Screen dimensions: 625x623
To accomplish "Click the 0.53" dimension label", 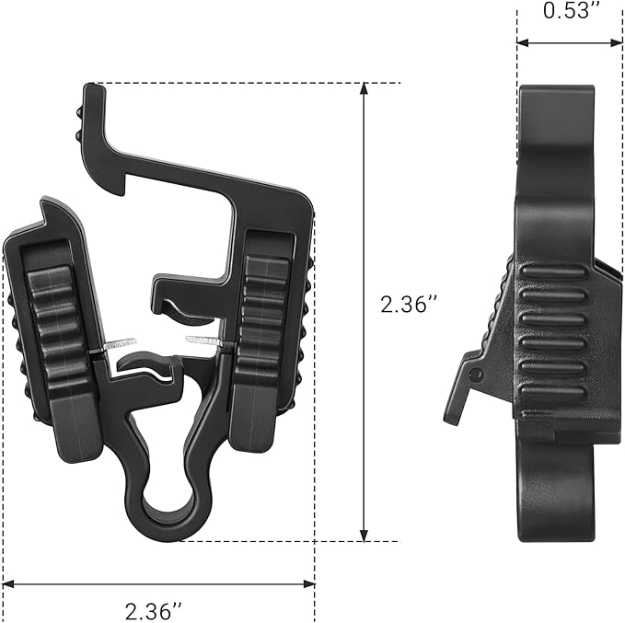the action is coord(572,10).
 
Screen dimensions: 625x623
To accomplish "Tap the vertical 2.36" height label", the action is coord(409,305).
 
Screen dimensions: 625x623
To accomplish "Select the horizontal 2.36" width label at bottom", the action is coord(154,611).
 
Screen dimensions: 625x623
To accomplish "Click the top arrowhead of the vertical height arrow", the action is coord(364,88).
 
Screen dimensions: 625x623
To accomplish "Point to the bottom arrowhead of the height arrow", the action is coord(364,536).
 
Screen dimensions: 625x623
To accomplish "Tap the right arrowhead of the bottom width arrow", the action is coord(309,584).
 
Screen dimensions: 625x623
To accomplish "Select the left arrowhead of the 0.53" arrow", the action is coord(523,42).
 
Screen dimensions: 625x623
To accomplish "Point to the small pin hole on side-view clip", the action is coord(477,374).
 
